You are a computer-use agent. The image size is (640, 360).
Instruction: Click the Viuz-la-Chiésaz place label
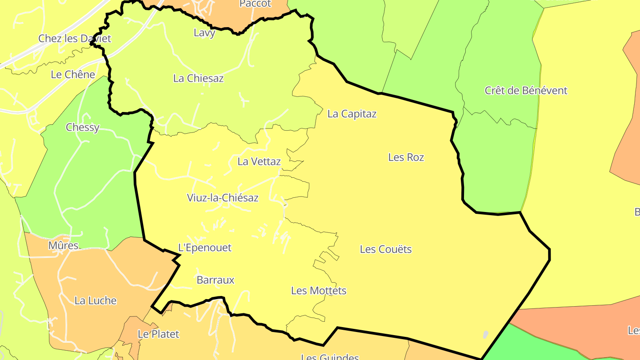tap(223, 198)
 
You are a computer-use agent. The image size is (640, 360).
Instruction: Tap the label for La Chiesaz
tap(198, 78)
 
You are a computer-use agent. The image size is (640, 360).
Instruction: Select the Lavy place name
tap(204, 32)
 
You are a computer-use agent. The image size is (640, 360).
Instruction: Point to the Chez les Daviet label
tap(75, 38)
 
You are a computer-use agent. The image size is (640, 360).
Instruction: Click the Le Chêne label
tap(73, 74)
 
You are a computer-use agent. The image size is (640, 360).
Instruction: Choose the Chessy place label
tap(83, 127)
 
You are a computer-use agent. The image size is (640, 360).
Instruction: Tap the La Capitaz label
tap(352, 114)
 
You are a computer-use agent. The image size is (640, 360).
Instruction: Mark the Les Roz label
tap(406, 157)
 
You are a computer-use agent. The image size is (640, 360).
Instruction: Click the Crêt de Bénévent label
tap(526, 91)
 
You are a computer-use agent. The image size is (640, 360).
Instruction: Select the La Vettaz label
tap(259, 161)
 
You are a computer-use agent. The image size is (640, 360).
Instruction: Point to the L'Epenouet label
tap(205, 248)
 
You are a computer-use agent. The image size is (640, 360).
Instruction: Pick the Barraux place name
tap(215, 280)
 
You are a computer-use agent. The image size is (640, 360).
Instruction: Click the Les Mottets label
tap(319, 291)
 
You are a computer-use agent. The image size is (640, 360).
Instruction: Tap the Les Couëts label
tap(386, 249)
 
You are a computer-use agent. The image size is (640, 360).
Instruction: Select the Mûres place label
tap(63, 245)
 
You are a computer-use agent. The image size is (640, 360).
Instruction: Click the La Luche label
tap(96, 300)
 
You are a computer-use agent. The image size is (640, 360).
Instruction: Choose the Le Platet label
tap(158, 334)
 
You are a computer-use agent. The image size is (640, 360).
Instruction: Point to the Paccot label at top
tap(255, 4)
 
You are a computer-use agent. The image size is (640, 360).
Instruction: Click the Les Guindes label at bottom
tap(330, 356)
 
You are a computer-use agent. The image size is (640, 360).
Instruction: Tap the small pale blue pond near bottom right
tap(485, 334)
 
